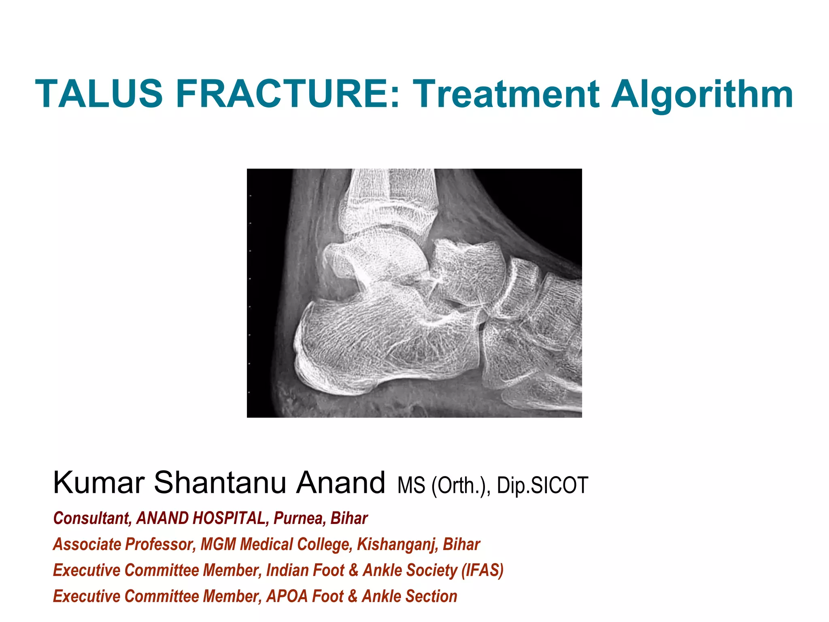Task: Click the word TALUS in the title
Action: pos(99,94)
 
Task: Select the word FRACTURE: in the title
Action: pos(288,94)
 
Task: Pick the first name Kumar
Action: pos(99,483)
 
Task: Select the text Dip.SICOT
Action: pos(542,485)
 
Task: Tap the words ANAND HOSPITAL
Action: pos(200,518)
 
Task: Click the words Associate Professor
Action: pos(124,544)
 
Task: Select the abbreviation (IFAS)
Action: pos(483,570)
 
